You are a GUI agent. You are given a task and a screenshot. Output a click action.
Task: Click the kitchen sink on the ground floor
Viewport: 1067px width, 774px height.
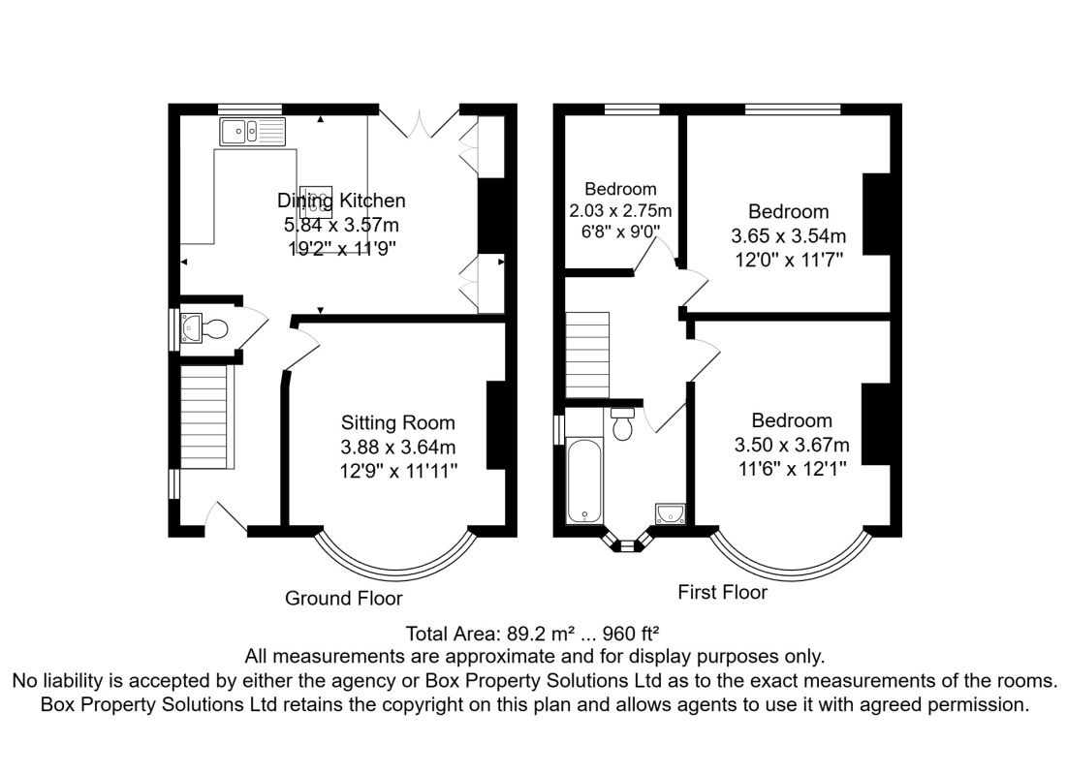[253, 132]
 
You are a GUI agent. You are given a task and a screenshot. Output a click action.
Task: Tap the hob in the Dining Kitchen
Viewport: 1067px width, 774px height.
[316, 202]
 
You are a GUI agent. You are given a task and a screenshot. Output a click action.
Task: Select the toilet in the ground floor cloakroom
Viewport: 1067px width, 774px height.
[213, 329]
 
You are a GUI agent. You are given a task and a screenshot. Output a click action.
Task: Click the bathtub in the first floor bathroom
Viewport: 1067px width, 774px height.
[584, 480]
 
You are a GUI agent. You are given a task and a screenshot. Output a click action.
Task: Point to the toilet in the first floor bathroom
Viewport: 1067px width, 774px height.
[622, 423]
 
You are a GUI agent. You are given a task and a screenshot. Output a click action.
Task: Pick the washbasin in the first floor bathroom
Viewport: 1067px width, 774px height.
[671, 513]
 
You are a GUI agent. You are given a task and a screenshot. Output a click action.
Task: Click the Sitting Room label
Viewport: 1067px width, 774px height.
[398, 422]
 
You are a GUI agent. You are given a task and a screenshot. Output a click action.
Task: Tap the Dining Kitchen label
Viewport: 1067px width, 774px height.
[341, 200]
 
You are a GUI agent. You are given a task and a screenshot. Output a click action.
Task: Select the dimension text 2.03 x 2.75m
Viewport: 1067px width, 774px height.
[620, 210]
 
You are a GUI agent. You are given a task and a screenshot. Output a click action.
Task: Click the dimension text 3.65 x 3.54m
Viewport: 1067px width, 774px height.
[789, 236]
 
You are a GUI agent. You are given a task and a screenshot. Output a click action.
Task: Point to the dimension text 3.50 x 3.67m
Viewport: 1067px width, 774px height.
[792, 445]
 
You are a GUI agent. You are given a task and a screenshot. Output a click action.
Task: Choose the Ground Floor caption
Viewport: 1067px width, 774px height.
[344, 598]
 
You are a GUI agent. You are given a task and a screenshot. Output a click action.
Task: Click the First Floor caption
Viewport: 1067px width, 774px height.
[723, 592]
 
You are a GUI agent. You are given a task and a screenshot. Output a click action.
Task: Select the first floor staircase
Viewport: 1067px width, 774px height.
[587, 356]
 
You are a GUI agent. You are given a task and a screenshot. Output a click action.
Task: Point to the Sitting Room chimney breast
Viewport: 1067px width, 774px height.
[495, 425]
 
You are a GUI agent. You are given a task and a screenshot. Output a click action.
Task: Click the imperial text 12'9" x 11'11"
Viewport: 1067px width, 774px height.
[398, 470]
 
